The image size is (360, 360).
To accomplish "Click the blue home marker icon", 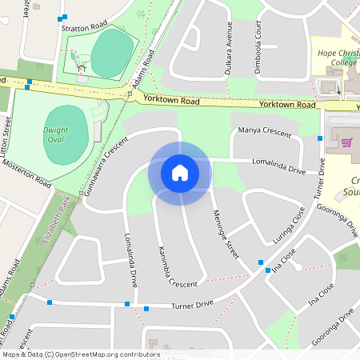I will click(180, 172).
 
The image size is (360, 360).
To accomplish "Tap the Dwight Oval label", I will click(55, 134).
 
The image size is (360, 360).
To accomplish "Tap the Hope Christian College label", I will click(338, 58).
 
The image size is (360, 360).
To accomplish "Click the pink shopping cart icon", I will click(347, 142).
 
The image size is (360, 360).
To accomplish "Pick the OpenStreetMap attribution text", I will click(80, 354).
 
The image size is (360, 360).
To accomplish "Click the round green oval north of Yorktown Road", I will click(111, 54).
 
